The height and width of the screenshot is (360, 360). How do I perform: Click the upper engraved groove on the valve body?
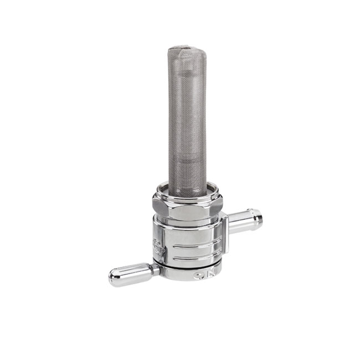(x=194, y=244)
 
